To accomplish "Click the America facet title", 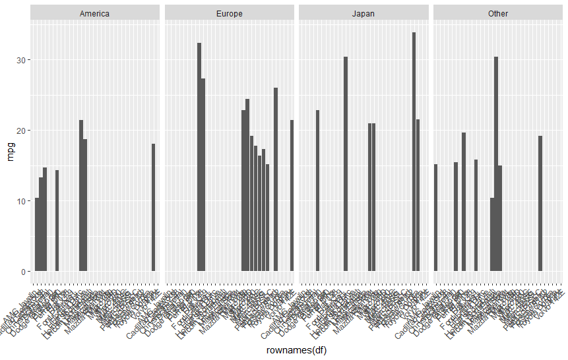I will (94, 13).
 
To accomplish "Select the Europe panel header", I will (229, 13).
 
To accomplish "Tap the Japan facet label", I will (363, 13).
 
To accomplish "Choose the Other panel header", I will (498, 13).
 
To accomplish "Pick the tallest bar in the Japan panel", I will (414, 152).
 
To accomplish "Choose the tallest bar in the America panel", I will (81, 195).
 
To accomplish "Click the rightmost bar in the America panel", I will (154, 207).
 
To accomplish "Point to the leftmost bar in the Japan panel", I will (317, 191).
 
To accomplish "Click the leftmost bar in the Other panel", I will (435, 218).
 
